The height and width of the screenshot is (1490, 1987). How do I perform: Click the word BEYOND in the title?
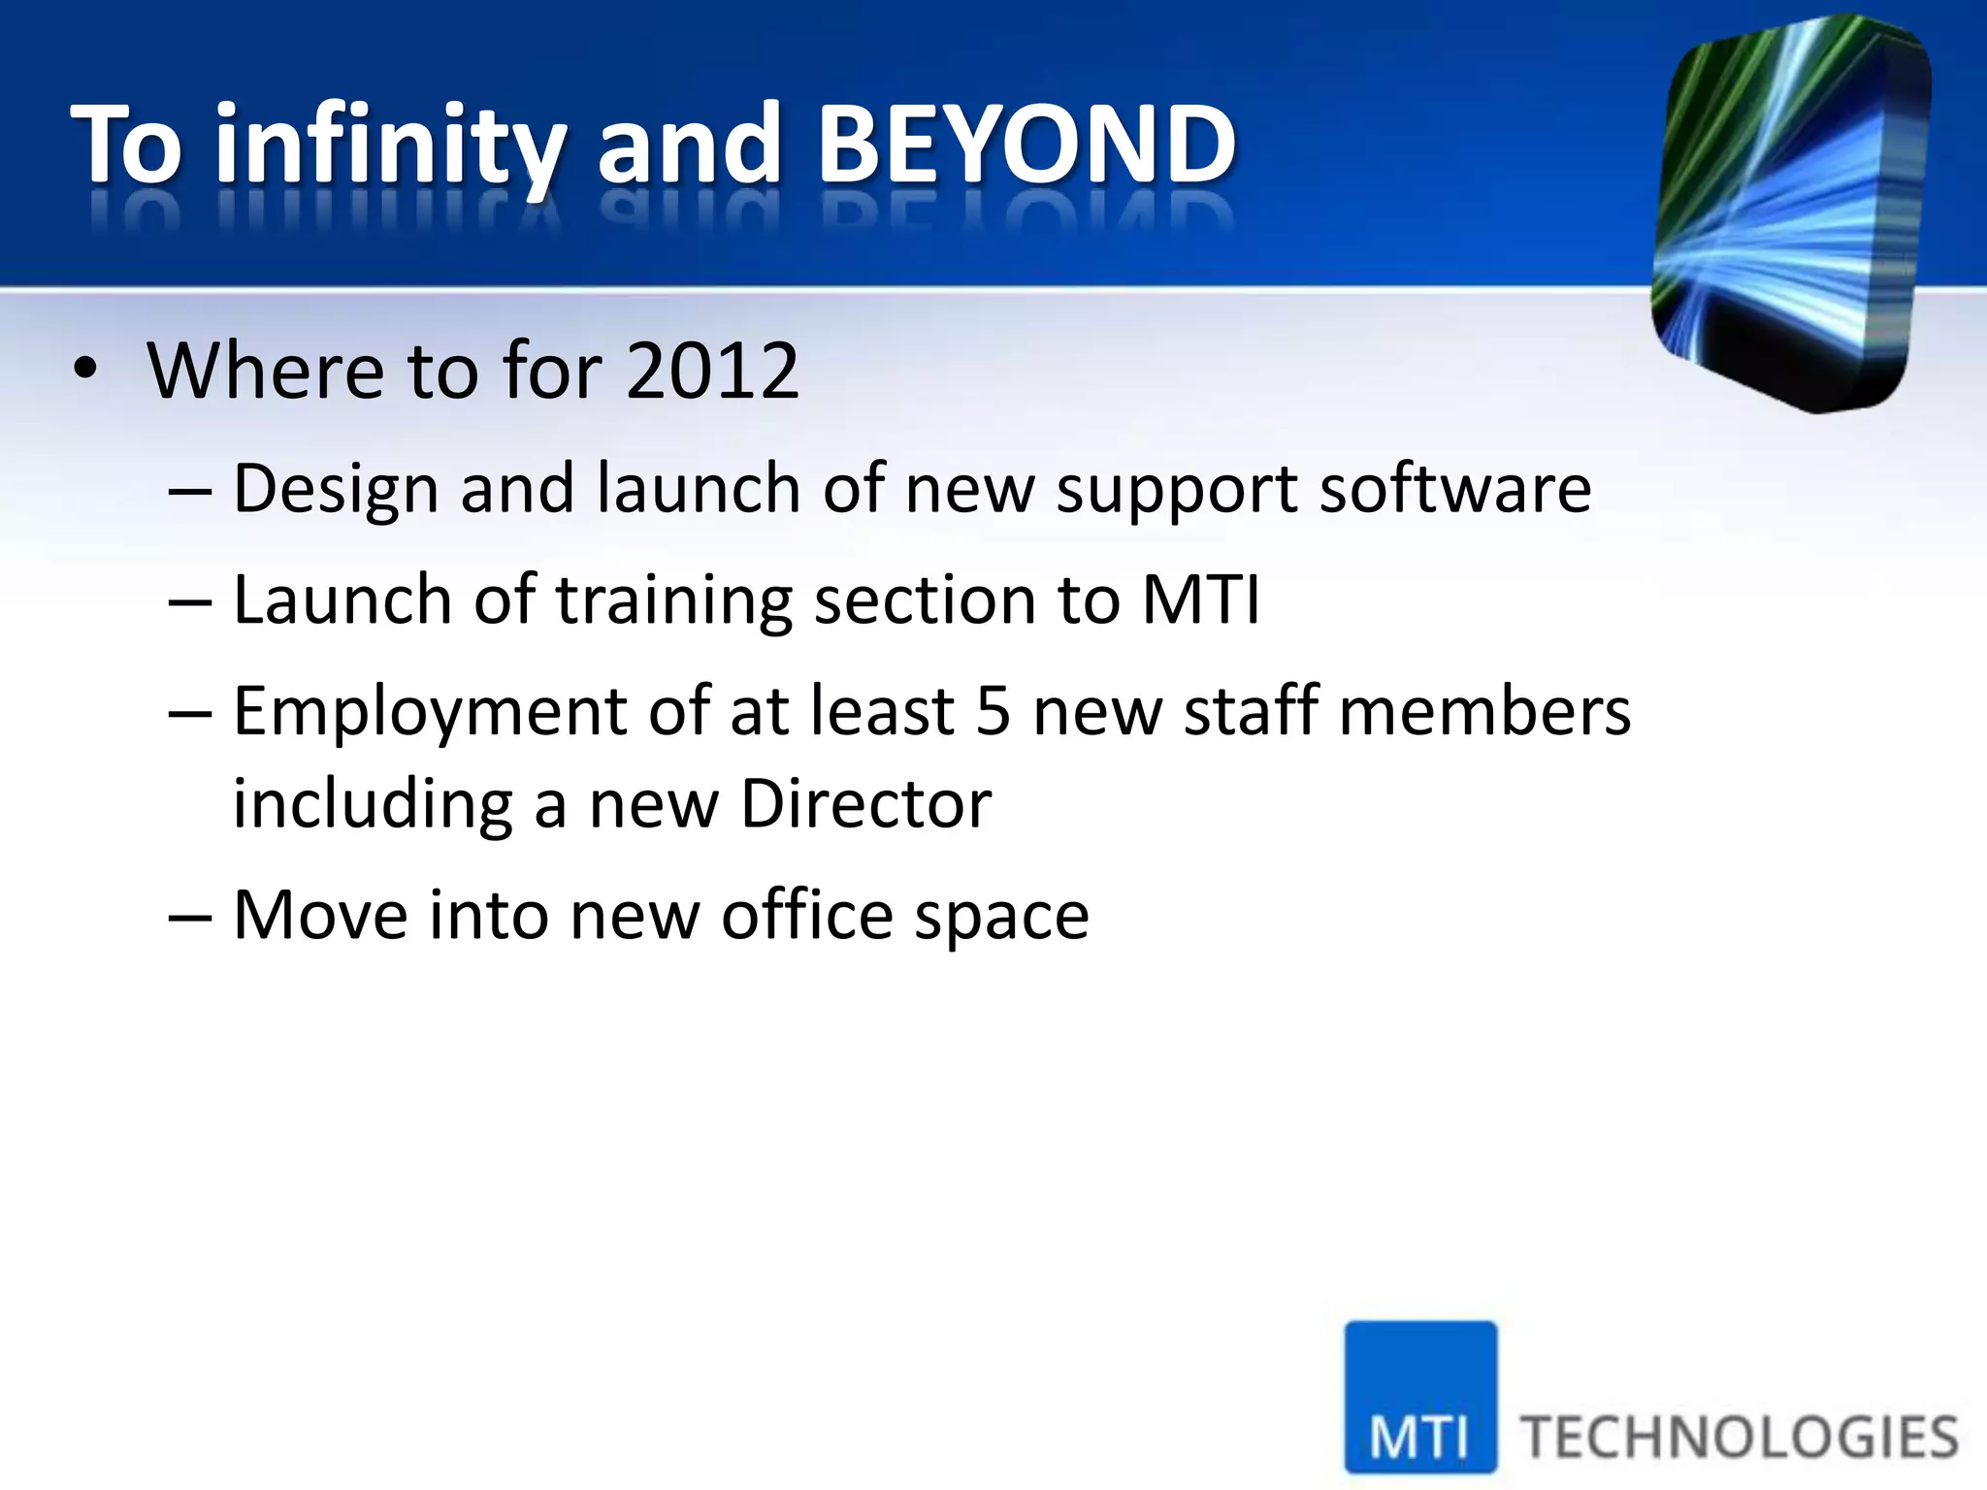point(1026,146)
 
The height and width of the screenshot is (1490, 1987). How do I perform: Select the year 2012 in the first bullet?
point(712,371)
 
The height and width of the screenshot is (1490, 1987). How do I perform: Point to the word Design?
point(336,489)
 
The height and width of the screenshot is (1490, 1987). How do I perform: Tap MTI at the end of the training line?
point(1200,599)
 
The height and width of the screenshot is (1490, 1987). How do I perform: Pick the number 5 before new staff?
point(993,711)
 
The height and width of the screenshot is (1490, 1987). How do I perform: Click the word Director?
point(865,805)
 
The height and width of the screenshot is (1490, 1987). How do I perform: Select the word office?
point(806,916)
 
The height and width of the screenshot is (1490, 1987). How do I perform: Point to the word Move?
point(321,916)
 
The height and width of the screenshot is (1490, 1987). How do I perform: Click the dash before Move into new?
point(189,917)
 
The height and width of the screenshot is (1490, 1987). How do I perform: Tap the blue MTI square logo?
point(1419,1397)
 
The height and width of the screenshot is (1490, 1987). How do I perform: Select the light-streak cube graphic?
point(1790,213)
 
